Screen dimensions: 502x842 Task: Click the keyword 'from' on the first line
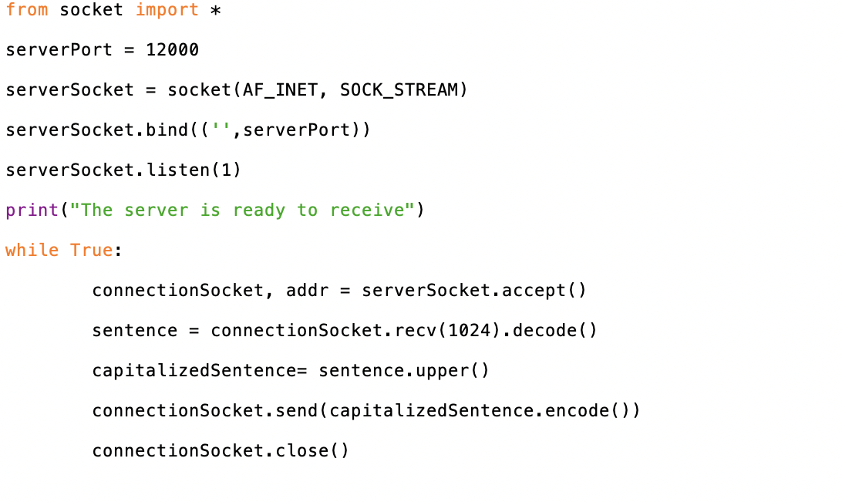[x=27, y=10]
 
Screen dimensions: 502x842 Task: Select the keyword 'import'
[x=167, y=10]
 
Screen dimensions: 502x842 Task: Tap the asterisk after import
[x=216, y=11]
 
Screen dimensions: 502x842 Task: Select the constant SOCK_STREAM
[x=399, y=90]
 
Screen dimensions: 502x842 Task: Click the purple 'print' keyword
[x=32, y=211]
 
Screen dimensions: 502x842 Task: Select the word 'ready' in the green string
[x=259, y=211]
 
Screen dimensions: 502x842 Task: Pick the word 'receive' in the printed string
[x=367, y=211]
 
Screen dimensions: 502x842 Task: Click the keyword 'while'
[x=32, y=251]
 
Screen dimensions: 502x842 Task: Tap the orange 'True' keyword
[x=92, y=251]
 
